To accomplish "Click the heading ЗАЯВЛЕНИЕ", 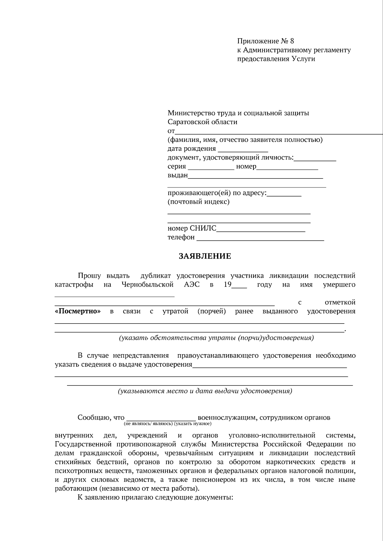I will tap(205, 256).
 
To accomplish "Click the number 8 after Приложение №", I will tap(292, 41).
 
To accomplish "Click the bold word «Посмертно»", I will tap(78, 311).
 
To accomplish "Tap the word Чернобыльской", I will tap(147, 284).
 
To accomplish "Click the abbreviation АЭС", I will tap(191, 284).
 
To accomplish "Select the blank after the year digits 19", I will tap(239, 286).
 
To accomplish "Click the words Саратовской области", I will tap(202, 122).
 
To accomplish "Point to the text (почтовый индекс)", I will tap(199, 202).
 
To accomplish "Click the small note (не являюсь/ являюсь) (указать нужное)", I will tap(168, 424).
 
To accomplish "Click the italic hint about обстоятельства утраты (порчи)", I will tap(216, 338).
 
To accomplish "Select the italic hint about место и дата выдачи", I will tap(205, 391).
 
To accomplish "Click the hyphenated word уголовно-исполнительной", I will tap(272, 435).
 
